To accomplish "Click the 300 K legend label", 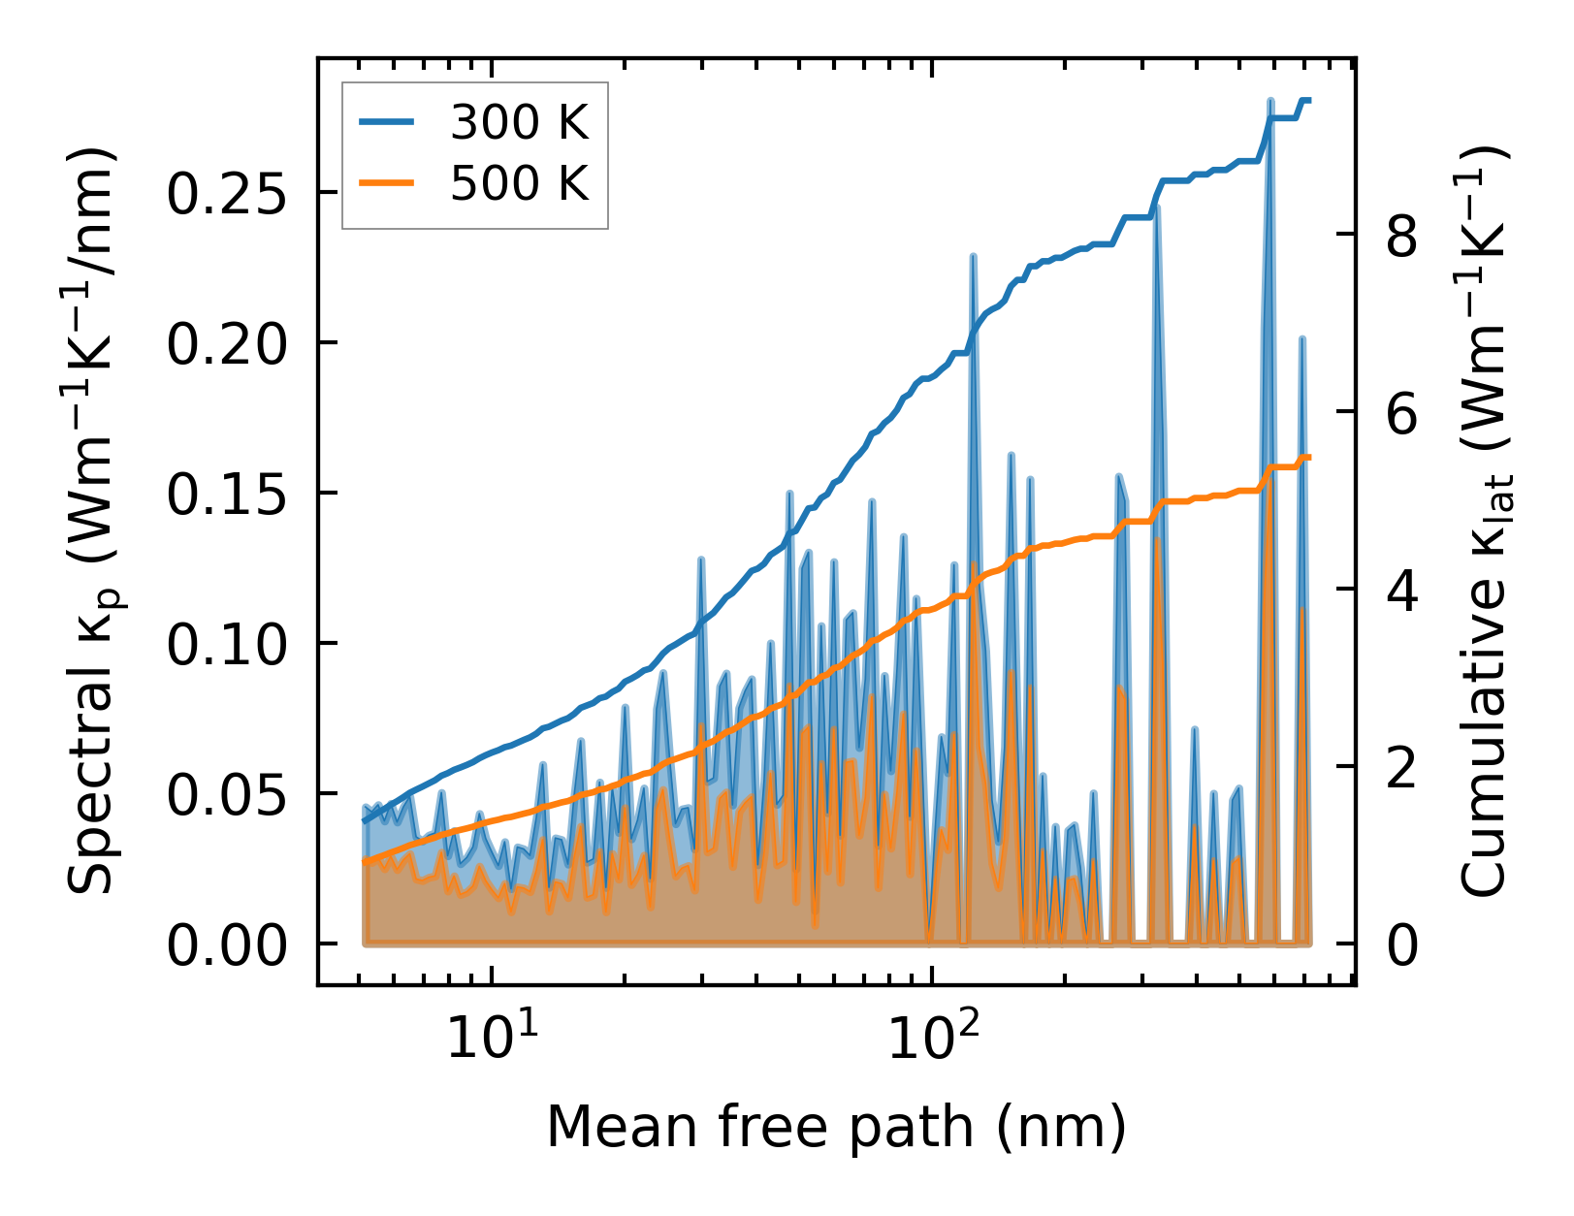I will click(519, 123).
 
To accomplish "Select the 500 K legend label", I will click(519, 182).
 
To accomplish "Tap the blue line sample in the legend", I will click(387, 123).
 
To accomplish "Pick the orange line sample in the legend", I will click(387, 182).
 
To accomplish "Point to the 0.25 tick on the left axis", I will click(227, 194).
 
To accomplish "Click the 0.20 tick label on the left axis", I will click(227, 344).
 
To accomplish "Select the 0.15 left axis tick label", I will click(227, 495).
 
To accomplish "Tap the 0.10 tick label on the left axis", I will click(227, 645).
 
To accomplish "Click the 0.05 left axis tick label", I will click(227, 795).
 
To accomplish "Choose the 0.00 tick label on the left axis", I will click(227, 945).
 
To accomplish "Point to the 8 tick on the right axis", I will click(1402, 236).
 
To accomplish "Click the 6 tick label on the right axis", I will click(1402, 413).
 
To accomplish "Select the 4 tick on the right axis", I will click(1402, 591).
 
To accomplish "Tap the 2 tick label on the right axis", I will click(1402, 768).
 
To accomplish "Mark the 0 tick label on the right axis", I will click(1402, 945).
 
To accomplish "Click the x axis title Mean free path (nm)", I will click(836, 1128).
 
